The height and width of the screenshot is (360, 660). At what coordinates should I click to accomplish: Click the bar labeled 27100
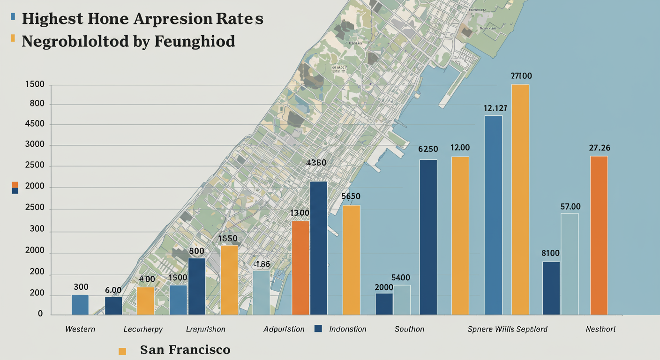pos(520,199)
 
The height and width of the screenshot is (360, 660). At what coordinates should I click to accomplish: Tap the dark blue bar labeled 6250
pos(428,237)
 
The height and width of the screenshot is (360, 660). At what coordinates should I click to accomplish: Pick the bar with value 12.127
pos(494,215)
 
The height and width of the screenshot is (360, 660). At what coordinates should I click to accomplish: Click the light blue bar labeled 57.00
pos(570,263)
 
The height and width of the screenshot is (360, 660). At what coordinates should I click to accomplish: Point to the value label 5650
pos(351,196)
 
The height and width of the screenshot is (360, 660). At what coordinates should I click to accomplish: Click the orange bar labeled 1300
pos(300,267)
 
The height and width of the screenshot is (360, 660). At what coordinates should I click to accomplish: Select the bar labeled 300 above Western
pos(80,304)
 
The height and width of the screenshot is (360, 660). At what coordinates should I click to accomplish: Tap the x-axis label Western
pos(80,329)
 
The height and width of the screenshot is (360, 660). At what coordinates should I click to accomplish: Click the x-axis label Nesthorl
pos(600,329)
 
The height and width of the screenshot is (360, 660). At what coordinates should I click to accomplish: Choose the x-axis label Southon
pos(409,329)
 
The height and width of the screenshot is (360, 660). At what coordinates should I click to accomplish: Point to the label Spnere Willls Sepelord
pos(507,329)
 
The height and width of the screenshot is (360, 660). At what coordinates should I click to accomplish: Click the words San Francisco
pos(185,350)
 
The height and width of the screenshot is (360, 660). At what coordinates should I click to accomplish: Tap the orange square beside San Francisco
pos(123,351)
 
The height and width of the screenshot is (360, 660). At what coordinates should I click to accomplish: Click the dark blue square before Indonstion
pos(318,329)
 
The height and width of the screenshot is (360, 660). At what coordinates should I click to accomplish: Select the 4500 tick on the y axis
pos(36,124)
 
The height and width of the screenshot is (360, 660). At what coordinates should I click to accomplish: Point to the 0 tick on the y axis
pos(40,314)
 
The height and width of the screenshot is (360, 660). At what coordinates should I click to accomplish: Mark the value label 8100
pos(551,253)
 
